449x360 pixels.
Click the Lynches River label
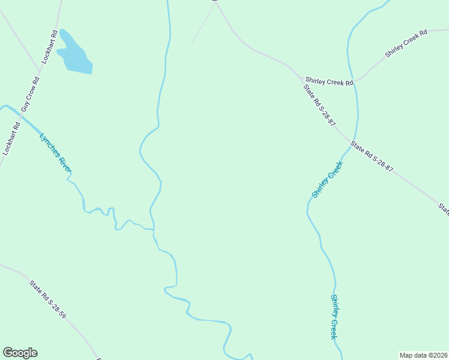click(55, 154)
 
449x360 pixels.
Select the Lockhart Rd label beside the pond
click(49, 47)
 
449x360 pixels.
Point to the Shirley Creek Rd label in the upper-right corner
click(406, 43)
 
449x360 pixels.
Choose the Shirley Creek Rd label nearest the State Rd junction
click(329, 81)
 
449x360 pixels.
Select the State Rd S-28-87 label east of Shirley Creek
click(372, 157)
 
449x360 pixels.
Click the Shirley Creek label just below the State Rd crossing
click(327, 180)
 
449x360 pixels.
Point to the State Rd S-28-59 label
click(47, 298)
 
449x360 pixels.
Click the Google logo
click(20, 353)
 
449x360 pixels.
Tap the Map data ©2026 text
click(424, 355)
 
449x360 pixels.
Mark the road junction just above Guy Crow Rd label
click(40, 74)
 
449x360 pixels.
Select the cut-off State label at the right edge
click(444, 209)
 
